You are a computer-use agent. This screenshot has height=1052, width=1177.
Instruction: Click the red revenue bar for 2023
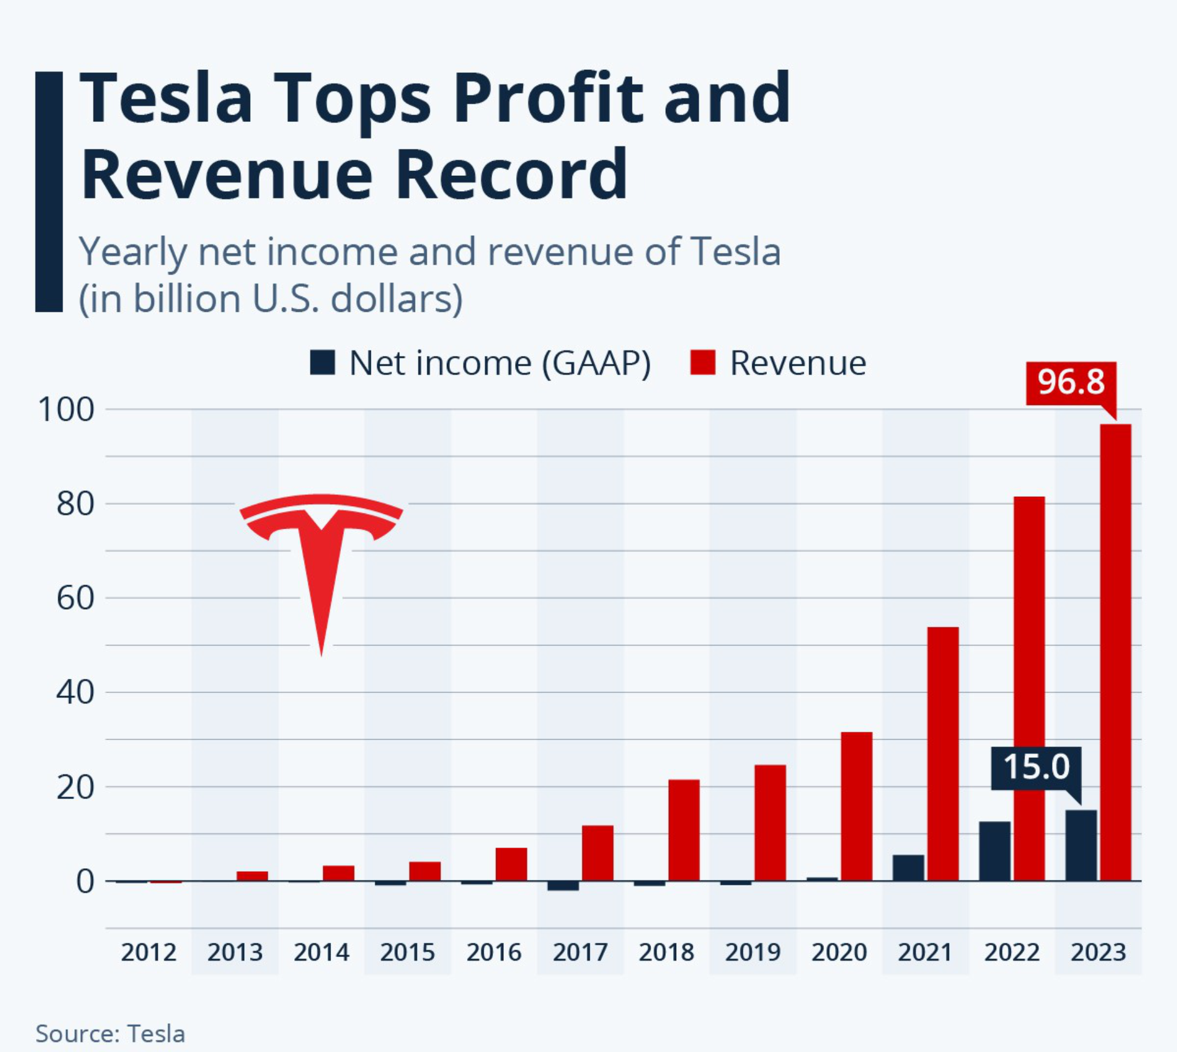[1115, 652]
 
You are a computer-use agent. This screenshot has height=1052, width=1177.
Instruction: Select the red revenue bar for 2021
[943, 754]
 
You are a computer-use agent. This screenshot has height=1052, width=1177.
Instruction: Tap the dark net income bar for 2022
[994, 851]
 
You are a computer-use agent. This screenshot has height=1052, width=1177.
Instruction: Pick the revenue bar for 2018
[684, 830]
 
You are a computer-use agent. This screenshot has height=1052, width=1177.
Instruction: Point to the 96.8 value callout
[1071, 382]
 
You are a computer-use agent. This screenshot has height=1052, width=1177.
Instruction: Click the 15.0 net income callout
[1036, 767]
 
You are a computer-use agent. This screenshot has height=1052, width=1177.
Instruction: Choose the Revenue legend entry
[778, 363]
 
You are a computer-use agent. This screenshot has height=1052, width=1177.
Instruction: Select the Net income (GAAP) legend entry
[481, 363]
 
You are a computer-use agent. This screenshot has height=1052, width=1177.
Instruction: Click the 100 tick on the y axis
[66, 409]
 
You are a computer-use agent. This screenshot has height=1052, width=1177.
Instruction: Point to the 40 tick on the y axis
[75, 692]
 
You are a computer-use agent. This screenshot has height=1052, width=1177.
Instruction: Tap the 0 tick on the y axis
[85, 882]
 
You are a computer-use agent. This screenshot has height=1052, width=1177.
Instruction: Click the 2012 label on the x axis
[148, 952]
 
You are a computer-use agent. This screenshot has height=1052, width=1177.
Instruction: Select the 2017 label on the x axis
[580, 952]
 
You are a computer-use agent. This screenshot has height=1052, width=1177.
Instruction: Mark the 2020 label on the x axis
[839, 952]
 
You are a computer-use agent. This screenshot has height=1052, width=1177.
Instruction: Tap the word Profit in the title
[547, 98]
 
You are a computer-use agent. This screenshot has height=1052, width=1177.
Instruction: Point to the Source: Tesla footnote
[110, 1034]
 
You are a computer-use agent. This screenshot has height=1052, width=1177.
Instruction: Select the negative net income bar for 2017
[563, 886]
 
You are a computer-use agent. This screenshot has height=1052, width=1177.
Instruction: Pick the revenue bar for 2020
[856, 806]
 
